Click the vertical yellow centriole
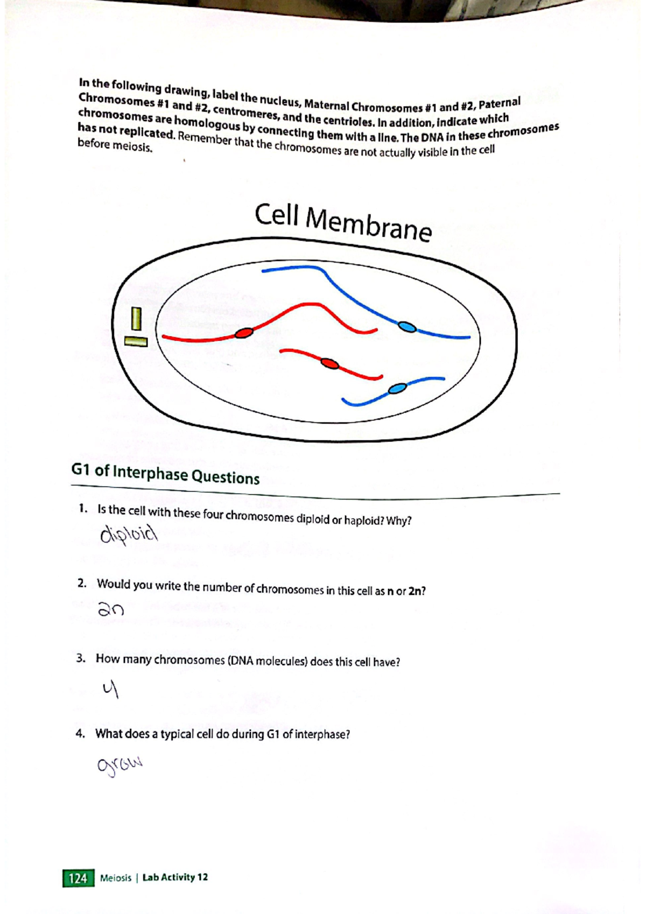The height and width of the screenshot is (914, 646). click(x=136, y=319)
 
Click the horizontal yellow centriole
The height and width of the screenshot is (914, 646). click(x=136, y=341)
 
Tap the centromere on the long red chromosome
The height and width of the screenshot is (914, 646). click(x=244, y=333)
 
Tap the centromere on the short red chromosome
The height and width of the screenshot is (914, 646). click(x=329, y=364)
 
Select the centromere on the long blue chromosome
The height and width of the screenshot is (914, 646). click(x=407, y=326)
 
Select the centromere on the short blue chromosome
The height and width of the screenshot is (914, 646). click(x=397, y=388)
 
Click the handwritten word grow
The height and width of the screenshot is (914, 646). click(x=119, y=766)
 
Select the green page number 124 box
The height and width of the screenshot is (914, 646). click(x=78, y=878)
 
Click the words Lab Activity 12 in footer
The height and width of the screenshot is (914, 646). click(x=175, y=877)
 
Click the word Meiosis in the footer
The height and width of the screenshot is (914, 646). click(x=115, y=878)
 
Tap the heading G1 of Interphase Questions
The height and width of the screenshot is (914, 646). click(x=165, y=474)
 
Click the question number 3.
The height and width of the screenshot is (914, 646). click(x=80, y=658)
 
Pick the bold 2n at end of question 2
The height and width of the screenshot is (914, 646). click(x=417, y=591)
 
